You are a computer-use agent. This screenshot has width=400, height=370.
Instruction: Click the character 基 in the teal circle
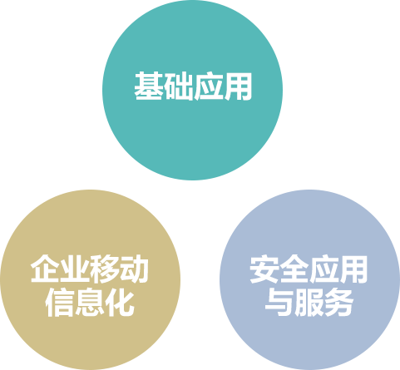[x=148, y=86]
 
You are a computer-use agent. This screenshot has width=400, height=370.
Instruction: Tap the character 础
[x=178, y=86]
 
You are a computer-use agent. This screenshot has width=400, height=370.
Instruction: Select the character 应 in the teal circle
[x=208, y=86]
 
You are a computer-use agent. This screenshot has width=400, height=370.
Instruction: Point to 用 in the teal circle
[x=238, y=86]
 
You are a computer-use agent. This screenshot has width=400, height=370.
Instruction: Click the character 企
[x=45, y=269]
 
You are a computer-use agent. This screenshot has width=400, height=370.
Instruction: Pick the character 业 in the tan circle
[x=75, y=269]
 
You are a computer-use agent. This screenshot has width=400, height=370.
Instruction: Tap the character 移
[x=105, y=269]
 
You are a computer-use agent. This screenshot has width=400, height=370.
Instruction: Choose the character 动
[x=134, y=269]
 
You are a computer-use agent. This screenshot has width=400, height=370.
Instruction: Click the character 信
[x=60, y=303]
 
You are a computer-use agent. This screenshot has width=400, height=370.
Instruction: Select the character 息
[x=90, y=303]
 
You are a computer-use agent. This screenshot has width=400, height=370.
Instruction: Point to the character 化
[x=120, y=303]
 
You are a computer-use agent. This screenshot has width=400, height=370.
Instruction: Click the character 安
[x=264, y=269]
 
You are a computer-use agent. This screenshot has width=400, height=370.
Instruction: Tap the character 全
[x=294, y=269]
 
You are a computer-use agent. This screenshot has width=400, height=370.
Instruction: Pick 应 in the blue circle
[x=323, y=269]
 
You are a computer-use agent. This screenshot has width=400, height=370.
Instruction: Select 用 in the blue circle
[x=353, y=269]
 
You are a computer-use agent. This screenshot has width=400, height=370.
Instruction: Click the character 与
[x=279, y=303]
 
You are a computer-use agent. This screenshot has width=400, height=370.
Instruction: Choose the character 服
[x=309, y=303]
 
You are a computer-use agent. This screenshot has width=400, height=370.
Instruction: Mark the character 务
[x=338, y=303]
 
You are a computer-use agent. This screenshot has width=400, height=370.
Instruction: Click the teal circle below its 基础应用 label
[x=192, y=139]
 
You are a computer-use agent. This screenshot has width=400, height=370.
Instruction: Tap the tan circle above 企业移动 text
[x=90, y=222]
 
